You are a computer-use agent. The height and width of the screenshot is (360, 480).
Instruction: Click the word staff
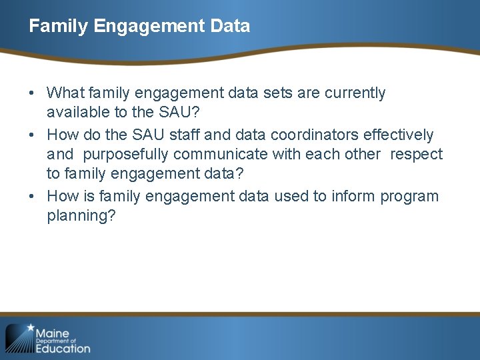184,135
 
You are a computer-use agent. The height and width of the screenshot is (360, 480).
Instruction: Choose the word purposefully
126,155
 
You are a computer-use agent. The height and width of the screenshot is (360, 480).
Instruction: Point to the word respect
416,155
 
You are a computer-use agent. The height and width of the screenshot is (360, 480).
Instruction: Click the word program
410,197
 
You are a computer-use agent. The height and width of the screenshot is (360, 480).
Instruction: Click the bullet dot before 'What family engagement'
33,93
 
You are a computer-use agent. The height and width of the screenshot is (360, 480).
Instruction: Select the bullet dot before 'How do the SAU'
33,135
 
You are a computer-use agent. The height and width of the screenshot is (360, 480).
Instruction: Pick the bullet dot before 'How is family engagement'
33,197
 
